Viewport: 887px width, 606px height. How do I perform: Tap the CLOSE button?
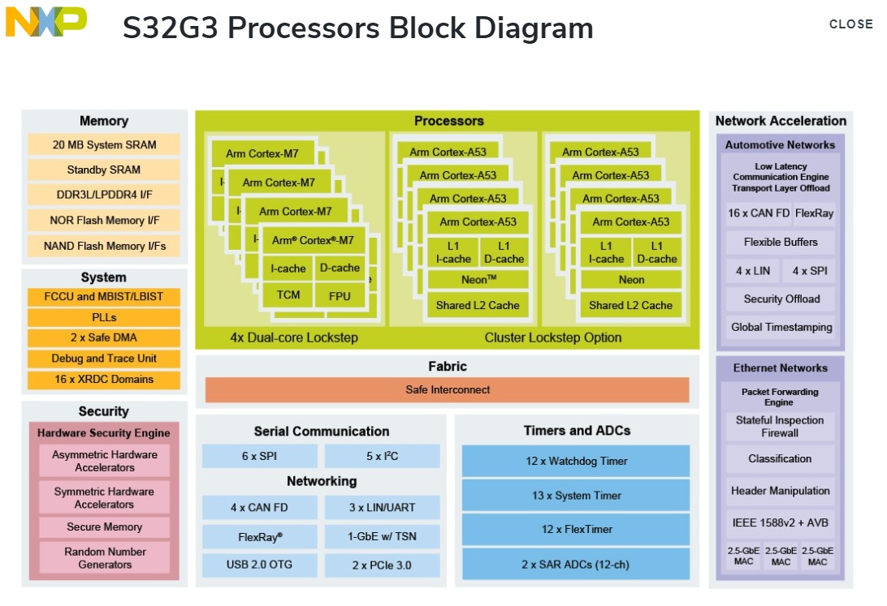click(x=850, y=24)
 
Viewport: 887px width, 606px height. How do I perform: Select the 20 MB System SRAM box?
click(x=104, y=145)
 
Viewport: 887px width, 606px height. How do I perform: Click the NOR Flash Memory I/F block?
click(x=104, y=220)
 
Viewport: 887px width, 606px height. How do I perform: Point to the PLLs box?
click(x=104, y=317)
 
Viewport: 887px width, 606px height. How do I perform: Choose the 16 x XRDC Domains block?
click(x=104, y=379)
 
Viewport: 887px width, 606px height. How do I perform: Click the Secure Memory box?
click(x=104, y=527)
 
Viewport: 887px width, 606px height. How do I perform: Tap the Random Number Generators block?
click(x=104, y=558)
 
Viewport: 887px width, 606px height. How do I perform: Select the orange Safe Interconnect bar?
click(x=447, y=390)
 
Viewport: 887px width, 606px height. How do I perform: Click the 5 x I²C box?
click(x=382, y=456)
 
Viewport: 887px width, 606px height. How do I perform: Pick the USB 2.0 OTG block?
click(x=259, y=565)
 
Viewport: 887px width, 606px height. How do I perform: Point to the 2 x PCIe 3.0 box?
click(x=382, y=565)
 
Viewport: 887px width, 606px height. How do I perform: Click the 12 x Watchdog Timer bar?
click(x=576, y=461)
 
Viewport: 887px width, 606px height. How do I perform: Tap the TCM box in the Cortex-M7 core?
click(x=288, y=295)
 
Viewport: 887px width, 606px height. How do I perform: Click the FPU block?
click(x=340, y=296)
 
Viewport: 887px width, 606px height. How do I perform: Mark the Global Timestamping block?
click(x=781, y=328)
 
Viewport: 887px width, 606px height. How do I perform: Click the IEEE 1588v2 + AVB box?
click(x=780, y=523)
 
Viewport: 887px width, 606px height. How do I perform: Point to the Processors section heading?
click(x=448, y=121)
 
